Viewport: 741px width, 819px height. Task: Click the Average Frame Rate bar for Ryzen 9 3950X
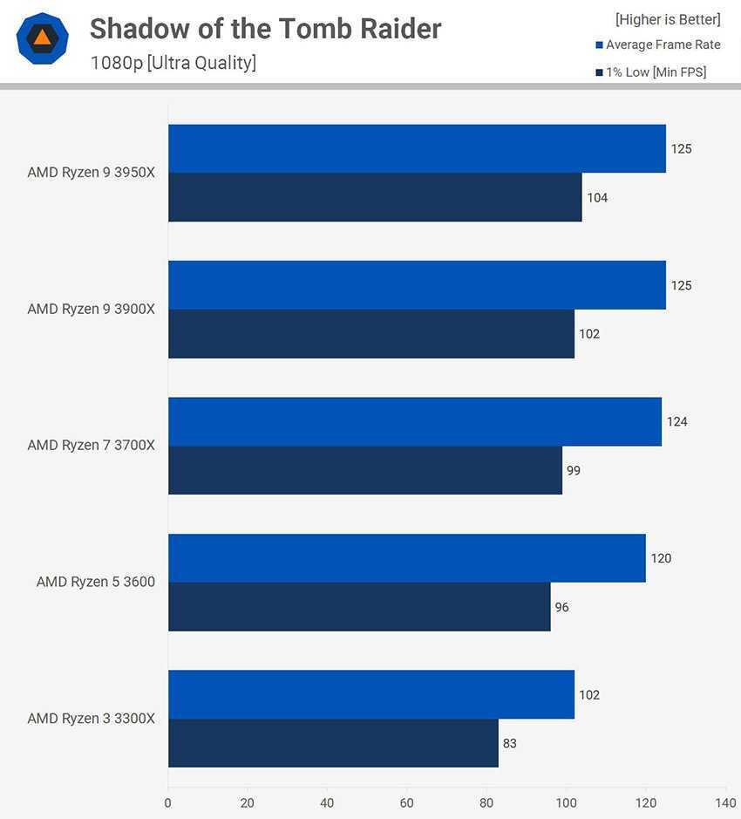pos(417,148)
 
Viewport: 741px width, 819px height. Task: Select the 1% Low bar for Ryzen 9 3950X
pos(375,197)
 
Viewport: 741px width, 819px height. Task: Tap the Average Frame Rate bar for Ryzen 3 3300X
pos(371,694)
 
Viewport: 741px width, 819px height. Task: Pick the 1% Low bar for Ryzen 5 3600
pos(359,607)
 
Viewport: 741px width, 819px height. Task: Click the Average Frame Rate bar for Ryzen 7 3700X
pos(415,421)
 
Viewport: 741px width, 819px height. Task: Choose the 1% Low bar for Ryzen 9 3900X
pos(371,334)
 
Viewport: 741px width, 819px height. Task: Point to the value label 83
pos(510,744)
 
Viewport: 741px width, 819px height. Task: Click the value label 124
pos(676,422)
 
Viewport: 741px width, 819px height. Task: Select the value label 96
pos(562,607)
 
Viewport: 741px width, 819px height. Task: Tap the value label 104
pos(597,198)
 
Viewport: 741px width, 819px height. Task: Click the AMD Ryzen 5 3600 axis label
pos(96,582)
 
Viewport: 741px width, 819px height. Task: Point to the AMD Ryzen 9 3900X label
pos(91,309)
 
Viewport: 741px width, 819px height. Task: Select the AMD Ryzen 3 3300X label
pos(91,719)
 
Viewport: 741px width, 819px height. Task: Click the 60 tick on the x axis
pos(407,802)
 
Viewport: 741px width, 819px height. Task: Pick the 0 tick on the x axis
pos(168,802)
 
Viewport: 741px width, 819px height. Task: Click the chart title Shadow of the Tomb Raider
pos(265,29)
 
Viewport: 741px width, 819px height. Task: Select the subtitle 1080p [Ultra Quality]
pos(173,63)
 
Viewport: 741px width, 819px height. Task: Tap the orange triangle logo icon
pos(42,38)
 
